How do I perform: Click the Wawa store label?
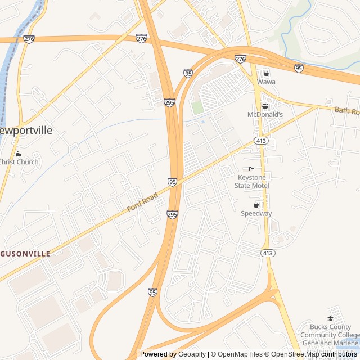pos(266,82)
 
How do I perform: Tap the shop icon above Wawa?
pos(266,73)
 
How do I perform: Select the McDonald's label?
pos(265,114)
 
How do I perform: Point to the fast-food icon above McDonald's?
pos(265,106)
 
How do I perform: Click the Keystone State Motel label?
pos(253,182)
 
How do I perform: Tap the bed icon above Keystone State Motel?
pos(251,169)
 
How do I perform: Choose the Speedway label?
pos(256,213)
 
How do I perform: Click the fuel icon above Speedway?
pos(256,205)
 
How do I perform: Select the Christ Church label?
pos(19,162)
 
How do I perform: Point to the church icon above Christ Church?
pos(17,154)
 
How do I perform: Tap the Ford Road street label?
pos(142,201)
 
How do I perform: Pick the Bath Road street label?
pos(346,111)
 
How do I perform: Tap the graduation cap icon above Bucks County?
pos(330,318)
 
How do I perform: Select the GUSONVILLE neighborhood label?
pos(25,254)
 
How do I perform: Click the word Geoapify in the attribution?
pos(192,354)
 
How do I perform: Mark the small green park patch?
pos(197,107)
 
